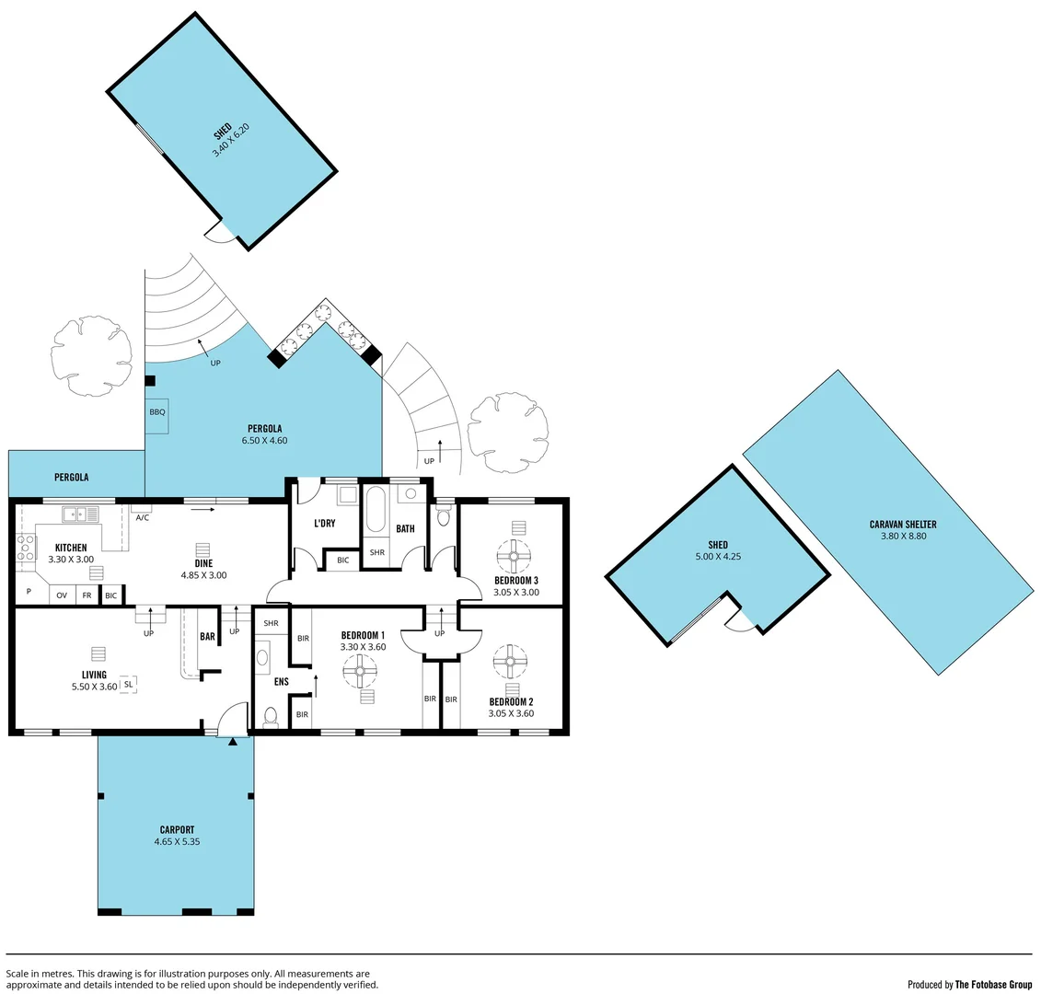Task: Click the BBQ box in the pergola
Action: pyautogui.click(x=156, y=412)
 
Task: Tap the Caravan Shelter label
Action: pyautogui.click(x=902, y=525)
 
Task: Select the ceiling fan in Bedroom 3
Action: pyautogui.click(x=513, y=555)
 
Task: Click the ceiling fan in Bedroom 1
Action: pyautogui.click(x=360, y=672)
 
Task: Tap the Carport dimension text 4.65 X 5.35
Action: pyautogui.click(x=177, y=841)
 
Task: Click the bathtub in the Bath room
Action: pyautogui.click(x=376, y=512)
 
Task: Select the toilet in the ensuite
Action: pyautogui.click(x=271, y=715)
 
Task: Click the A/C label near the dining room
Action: pyautogui.click(x=142, y=517)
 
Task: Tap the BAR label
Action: pyautogui.click(x=207, y=636)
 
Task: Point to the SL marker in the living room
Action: pyautogui.click(x=128, y=684)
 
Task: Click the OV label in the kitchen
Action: pyautogui.click(x=62, y=595)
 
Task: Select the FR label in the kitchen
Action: pyautogui.click(x=87, y=595)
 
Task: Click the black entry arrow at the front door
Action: pyautogui.click(x=233, y=740)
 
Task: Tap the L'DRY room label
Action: pyautogui.click(x=324, y=524)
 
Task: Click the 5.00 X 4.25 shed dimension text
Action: pyautogui.click(x=718, y=557)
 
